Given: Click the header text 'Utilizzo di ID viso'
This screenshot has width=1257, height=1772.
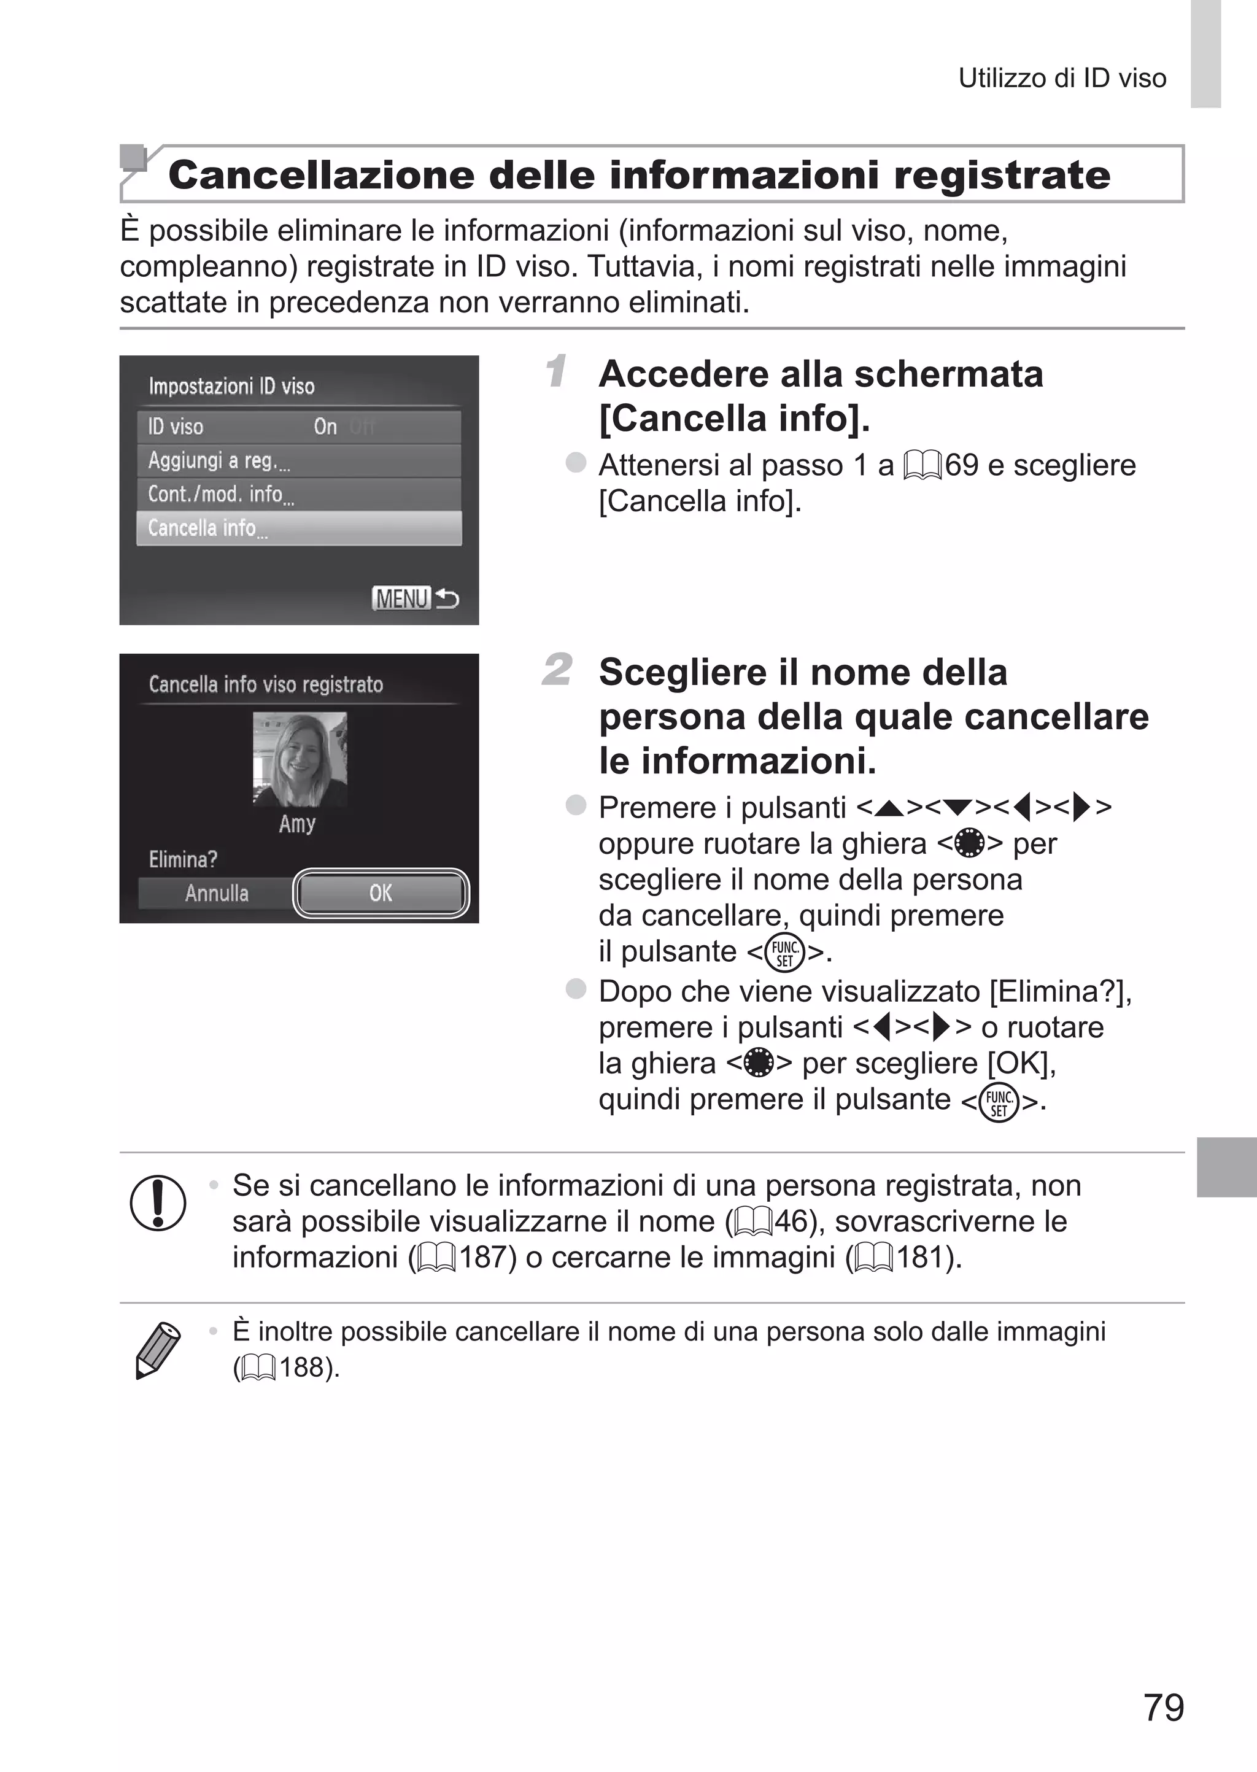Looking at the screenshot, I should [1062, 78].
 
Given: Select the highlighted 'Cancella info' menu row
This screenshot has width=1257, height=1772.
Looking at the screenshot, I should [299, 528].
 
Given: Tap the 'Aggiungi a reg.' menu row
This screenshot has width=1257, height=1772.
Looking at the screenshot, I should [299, 461].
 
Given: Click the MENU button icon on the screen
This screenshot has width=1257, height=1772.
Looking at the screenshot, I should [401, 598].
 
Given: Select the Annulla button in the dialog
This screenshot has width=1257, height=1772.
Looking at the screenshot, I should [217, 893].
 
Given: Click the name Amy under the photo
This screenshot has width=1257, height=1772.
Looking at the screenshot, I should [297, 823].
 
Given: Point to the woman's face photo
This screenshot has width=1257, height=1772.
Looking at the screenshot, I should [300, 759].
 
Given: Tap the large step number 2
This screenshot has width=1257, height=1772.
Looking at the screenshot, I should [557, 670].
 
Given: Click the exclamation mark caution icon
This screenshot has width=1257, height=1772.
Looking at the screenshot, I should [158, 1202].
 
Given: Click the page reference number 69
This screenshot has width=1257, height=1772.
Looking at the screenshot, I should [961, 465].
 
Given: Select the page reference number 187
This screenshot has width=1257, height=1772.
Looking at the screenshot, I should [487, 1258].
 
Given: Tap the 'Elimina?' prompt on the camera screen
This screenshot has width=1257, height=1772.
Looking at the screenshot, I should [183, 859].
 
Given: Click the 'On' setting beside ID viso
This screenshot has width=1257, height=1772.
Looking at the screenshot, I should [325, 427].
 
